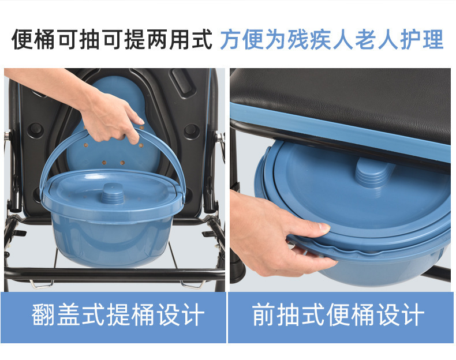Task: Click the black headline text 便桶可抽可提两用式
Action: click(x=111, y=39)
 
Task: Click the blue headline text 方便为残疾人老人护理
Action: click(x=332, y=39)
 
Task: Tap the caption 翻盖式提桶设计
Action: click(x=118, y=314)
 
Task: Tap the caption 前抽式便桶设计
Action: click(x=338, y=314)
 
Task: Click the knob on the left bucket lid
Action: click(x=112, y=193)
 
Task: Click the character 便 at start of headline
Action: click(x=23, y=39)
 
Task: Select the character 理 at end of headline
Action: click(x=433, y=39)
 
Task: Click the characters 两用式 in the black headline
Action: click(x=180, y=39)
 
